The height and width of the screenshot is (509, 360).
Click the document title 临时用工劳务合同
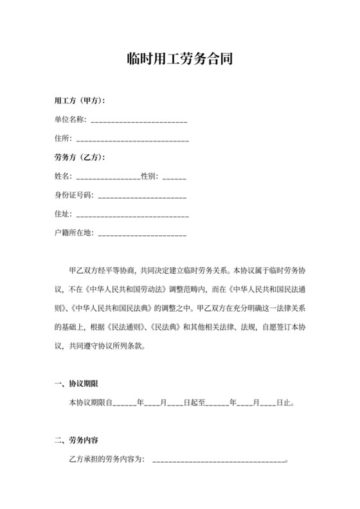179,60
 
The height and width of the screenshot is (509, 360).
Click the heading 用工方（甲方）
80,101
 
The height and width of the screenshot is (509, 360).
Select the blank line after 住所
132,138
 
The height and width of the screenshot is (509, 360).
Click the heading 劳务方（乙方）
80,157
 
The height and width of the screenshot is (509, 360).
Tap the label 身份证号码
73,195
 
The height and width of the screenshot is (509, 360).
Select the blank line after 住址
132,214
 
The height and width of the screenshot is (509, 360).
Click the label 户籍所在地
73,233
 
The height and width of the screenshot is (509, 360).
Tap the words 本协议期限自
90,403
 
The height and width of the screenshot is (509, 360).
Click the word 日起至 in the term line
194,403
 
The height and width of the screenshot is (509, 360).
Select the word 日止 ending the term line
283,403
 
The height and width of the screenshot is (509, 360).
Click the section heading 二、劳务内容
76,441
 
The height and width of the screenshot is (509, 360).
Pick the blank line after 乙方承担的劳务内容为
219,460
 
